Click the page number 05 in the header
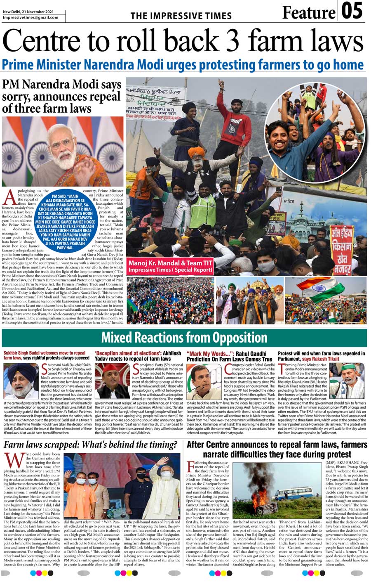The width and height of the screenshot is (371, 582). click(x=352, y=11)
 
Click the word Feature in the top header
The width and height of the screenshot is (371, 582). click(x=308, y=13)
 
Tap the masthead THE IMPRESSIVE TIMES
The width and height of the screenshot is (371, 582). click(x=181, y=16)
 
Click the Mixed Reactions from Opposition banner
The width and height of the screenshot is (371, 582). click(x=184, y=337)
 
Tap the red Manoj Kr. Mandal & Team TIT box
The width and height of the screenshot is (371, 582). click(x=170, y=266)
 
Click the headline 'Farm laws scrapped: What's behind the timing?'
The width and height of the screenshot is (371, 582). click(x=90, y=445)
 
